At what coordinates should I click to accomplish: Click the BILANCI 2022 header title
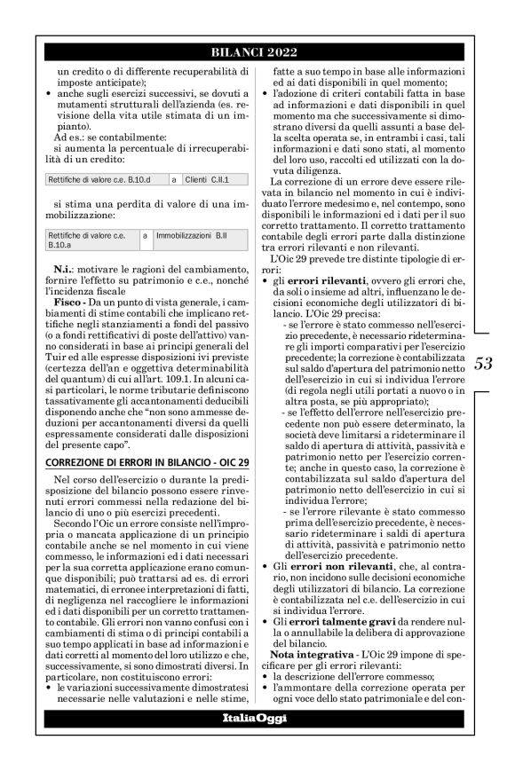[257, 51]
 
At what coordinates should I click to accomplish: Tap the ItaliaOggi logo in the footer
[257, 742]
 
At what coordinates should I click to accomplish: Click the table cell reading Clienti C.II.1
[207, 179]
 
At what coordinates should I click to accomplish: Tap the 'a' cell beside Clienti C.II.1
[174, 179]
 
